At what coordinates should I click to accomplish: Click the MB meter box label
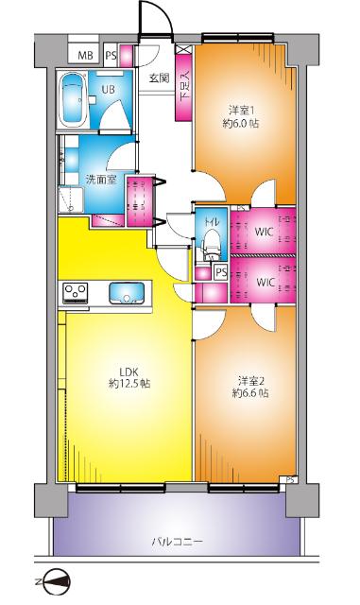(85, 55)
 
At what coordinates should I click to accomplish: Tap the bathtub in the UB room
(73, 99)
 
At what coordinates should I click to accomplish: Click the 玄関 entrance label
(159, 78)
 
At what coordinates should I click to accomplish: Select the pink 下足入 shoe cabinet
(183, 88)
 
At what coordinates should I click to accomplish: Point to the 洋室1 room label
(242, 111)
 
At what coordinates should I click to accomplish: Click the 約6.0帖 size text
(241, 124)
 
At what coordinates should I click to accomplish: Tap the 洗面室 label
(101, 180)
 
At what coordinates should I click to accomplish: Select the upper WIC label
(264, 232)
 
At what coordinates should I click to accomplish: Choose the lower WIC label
(266, 283)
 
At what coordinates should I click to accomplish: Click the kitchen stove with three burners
(76, 293)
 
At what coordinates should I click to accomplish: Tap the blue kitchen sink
(127, 293)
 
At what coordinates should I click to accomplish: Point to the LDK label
(129, 372)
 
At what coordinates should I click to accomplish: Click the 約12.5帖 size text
(129, 384)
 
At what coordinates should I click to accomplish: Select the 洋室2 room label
(250, 381)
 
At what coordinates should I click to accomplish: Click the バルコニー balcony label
(177, 542)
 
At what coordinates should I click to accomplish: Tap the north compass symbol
(57, 581)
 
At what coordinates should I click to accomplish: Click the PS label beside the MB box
(111, 56)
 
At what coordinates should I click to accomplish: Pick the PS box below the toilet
(221, 273)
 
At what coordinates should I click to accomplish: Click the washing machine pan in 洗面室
(71, 199)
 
